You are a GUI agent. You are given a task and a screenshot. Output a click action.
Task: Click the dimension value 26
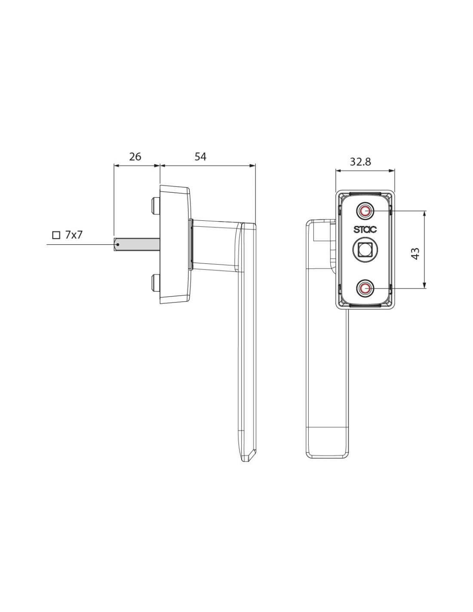pyautogui.click(x=135, y=157)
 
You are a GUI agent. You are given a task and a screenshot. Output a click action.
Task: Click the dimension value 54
pyautogui.click(x=200, y=157)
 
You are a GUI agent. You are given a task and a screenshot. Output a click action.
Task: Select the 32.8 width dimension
pyautogui.click(x=360, y=162)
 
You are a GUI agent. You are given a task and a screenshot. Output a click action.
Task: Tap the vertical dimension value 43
pyautogui.click(x=415, y=253)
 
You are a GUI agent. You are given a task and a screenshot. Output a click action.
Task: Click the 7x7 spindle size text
pyautogui.click(x=74, y=235)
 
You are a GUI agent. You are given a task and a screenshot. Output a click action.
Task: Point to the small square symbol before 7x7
pyautogui.click(x=57, y=235)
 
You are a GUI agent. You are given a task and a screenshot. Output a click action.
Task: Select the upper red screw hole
pyautogui.click(x=365, y=210)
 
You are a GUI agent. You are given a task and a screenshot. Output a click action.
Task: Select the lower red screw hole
pyautogui.click(x=365, y=288)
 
